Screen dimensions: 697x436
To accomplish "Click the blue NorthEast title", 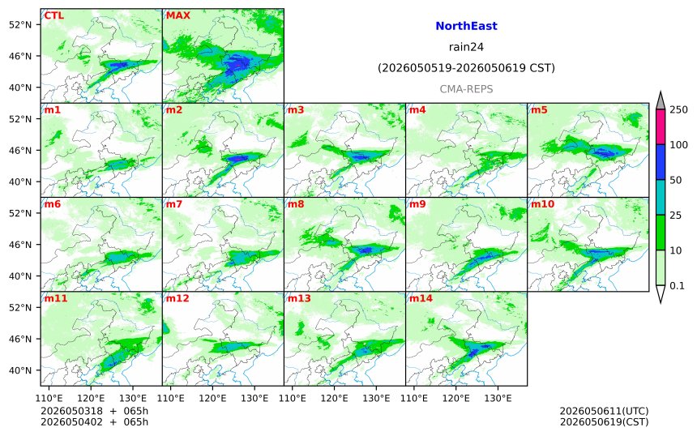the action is pyautogui.click(x=466, y=26).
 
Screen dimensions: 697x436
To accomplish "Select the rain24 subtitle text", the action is pyautogui.click(x=466, y=47).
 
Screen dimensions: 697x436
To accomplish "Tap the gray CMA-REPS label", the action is pyautogui.click(x=466, y=89).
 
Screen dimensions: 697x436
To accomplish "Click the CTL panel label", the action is pyautogui.click(x=53, y=15).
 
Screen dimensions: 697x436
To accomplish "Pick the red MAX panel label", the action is pyautogui.click(x=177, y=15).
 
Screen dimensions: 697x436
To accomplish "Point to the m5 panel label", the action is pyautogui.click(x=539, y=109).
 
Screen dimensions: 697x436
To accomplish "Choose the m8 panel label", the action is pyautogui.click(x=296, y=204).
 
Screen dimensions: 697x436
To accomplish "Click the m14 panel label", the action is pyautogui.click(x=421, y=298).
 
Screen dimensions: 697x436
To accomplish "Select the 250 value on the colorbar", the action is pyautogui.click(x=678, y=109).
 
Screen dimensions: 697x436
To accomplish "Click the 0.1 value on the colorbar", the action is pyautogui.click(x=677, y=286).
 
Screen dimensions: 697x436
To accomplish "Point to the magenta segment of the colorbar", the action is pyautogui.click(x=661, y=126).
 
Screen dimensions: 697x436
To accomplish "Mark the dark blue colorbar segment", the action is pyautogui.click(x=661, y=162).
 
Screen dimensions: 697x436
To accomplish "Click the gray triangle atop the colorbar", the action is pyautogui.click(x=661, y=101).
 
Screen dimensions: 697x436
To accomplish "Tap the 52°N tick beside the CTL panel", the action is pyautogui.click(x=20, y=24).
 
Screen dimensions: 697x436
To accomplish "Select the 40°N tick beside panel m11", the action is pyautogui.click(x=20, y=370).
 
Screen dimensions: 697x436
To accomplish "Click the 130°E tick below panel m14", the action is pyautogui.click(x=498, y=398).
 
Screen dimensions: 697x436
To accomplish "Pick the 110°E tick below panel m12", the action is pyautogui.click(x=171, y=398).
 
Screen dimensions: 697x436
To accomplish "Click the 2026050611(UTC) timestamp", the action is pyautogui.click(x=604, y=411).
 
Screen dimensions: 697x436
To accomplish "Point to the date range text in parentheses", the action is pyautogui.click(x=466, y=68).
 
